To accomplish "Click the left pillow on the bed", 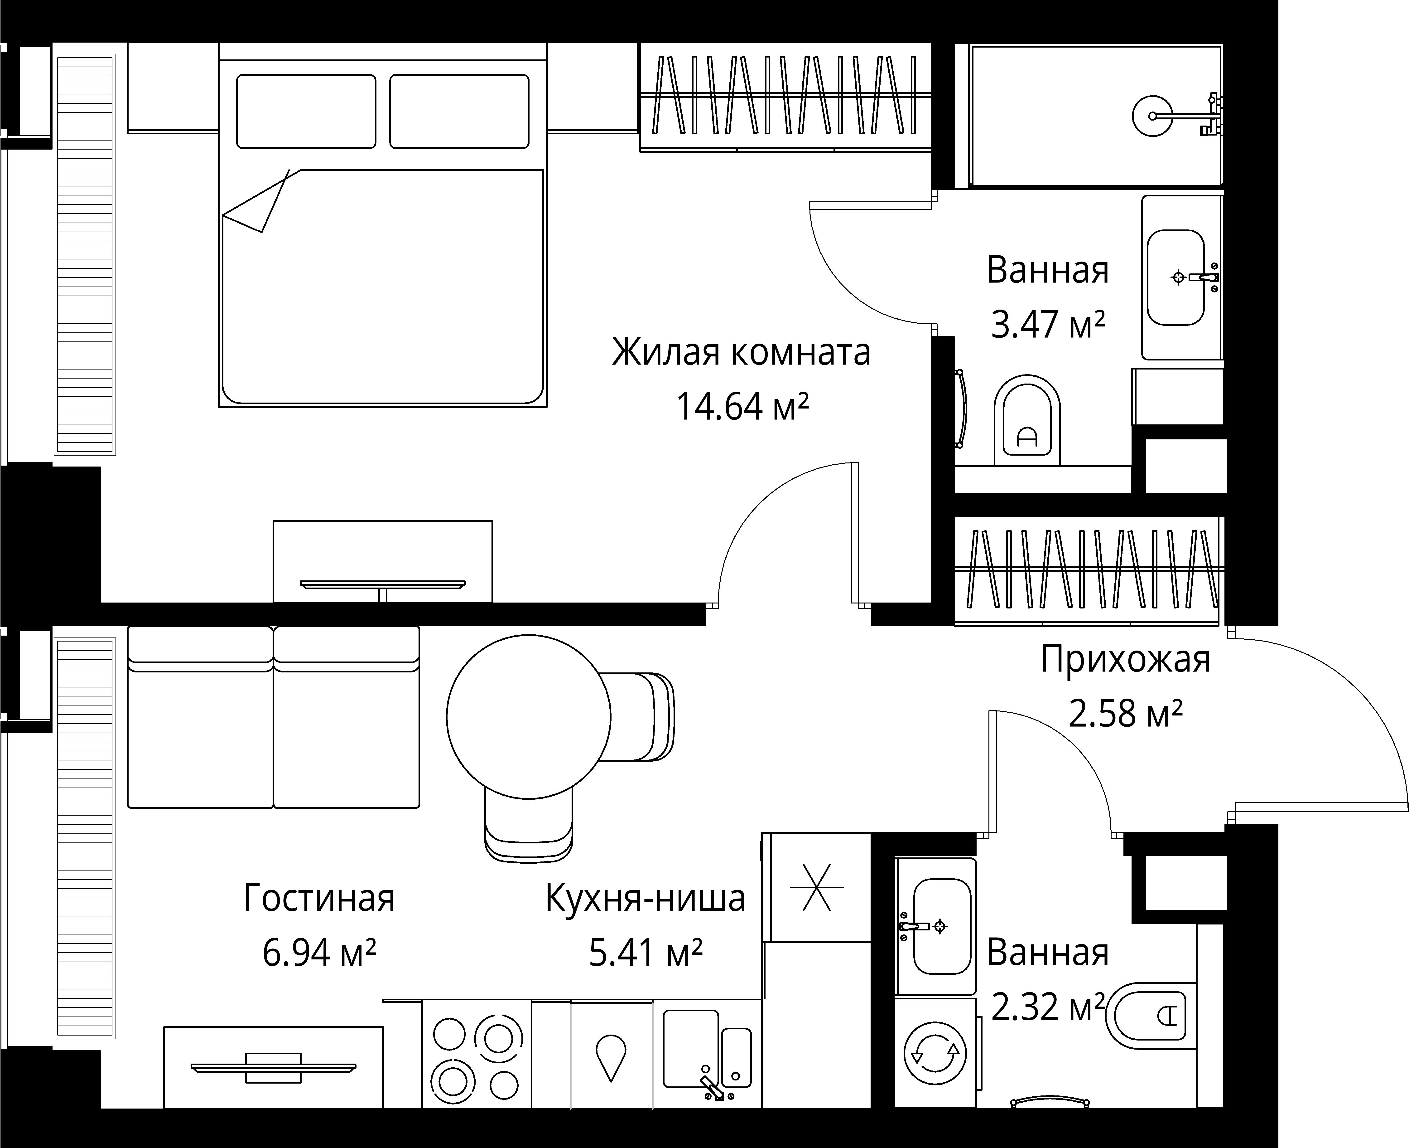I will pyautogui.click(x=306, y=111).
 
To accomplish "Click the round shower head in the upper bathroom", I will pyautogui.click(x=1153, y=116).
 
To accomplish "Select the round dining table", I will pyautogui.click(x=529, y=717).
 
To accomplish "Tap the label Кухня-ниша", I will pyautogui.click(x=646, y=899).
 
